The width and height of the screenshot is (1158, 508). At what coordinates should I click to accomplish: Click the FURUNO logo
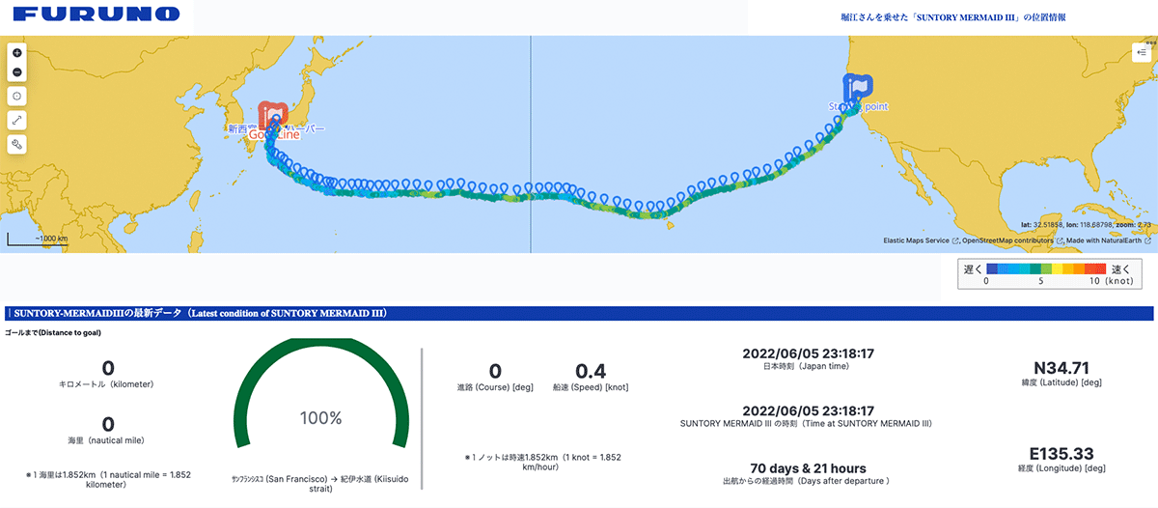point(97,14)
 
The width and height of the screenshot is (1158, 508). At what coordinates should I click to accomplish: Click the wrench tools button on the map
point(16,145)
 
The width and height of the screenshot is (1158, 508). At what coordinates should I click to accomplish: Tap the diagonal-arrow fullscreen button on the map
point(16,121)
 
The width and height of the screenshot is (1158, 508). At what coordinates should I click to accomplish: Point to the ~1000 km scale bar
point(39,237)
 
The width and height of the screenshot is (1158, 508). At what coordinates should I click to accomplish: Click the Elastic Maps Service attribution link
point(916,240)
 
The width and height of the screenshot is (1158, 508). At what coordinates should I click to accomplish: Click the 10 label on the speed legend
point(1093,283)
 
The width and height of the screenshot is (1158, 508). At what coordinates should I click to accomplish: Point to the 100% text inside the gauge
point(320,418)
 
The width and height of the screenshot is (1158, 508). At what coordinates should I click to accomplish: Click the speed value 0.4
point(590,371)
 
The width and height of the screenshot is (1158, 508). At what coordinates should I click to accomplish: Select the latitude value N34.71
point(1061,367)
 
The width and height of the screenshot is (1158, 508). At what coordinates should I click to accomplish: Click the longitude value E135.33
point(1061,453)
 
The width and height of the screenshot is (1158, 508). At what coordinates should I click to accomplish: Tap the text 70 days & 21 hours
point(808,468)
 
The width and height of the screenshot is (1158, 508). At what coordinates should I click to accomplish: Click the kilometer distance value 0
point(107,368)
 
